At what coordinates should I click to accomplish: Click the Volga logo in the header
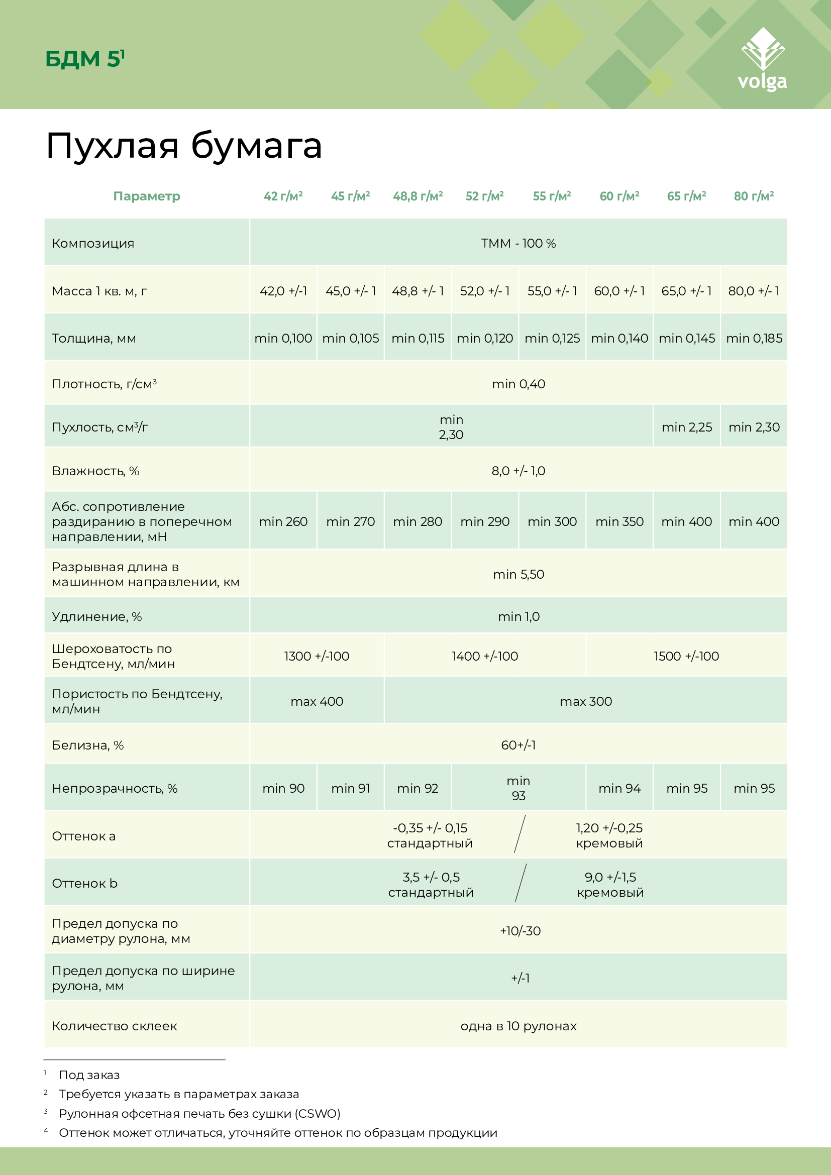coord(763,59)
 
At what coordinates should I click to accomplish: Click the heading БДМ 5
coord(84,59)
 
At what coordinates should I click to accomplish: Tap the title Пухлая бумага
coord(184,146)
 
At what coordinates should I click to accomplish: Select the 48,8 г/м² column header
coord(418,196)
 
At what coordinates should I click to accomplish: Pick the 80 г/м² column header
coord(754,196)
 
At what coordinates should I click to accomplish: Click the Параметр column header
coord(147,196)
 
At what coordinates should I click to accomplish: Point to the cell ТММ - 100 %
coord(518,243)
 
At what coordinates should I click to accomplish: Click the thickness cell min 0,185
coord(754,338)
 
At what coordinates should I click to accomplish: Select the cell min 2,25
coord(687,428)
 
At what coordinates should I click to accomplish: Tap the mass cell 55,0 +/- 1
coord(552,291)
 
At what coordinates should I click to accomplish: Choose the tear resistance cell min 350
coord(619,521)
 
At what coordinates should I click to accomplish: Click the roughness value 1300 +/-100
coord(317,656)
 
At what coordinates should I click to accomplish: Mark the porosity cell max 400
coord(317,702)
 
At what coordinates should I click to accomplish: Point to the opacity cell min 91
coord(351,789)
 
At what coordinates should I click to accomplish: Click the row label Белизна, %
coord(88,745)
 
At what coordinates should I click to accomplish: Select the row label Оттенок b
coord(85,883)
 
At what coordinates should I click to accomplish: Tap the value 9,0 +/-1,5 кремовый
coord(610,885)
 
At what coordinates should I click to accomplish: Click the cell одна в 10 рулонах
coord(518,1026)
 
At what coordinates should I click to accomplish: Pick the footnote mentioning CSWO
coord(199,1114)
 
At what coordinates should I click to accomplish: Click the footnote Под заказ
coord(89,1075)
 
